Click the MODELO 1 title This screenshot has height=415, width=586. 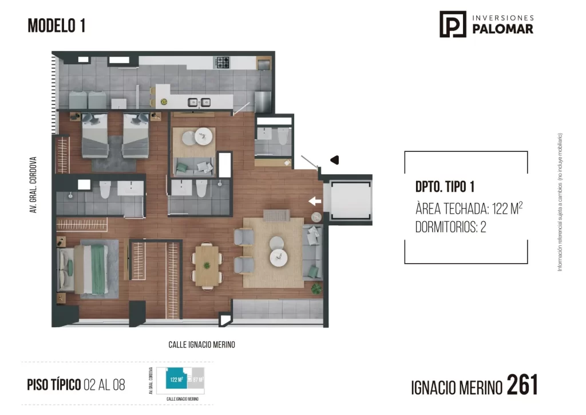coord(57,26)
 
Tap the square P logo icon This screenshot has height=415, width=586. coord(452,24)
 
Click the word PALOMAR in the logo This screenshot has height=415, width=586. coord(502,29)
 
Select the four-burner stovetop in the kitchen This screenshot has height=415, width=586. coord(222,61)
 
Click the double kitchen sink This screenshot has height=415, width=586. coord(199,103)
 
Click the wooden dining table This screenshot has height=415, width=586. coord(207,265)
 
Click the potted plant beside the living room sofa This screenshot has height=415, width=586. coord(316,289)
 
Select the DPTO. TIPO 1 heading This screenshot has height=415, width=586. coord(445,187)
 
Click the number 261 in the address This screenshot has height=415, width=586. coord(522,385)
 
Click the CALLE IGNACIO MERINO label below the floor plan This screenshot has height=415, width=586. coord(201,344)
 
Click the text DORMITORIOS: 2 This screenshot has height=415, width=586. coord(450,228)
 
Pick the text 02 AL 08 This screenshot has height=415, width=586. coord(104,385)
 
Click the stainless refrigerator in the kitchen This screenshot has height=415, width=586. coord(263,101)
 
